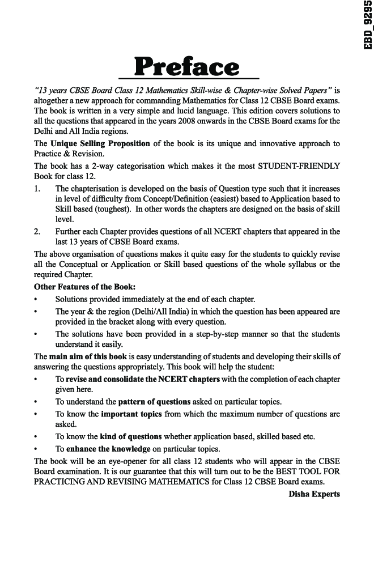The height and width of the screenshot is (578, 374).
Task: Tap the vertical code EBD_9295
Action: pos(365,25)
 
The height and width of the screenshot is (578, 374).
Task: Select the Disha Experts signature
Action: pos(314,494)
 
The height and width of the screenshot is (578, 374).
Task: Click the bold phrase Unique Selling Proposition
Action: pos(100,144)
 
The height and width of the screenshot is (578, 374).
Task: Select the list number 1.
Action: pos(37,188)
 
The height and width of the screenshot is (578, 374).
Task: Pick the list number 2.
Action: pos(37,232)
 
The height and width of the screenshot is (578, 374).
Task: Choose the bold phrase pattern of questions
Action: pos(154,402)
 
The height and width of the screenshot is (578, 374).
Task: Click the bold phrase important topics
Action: pos(131,414)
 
